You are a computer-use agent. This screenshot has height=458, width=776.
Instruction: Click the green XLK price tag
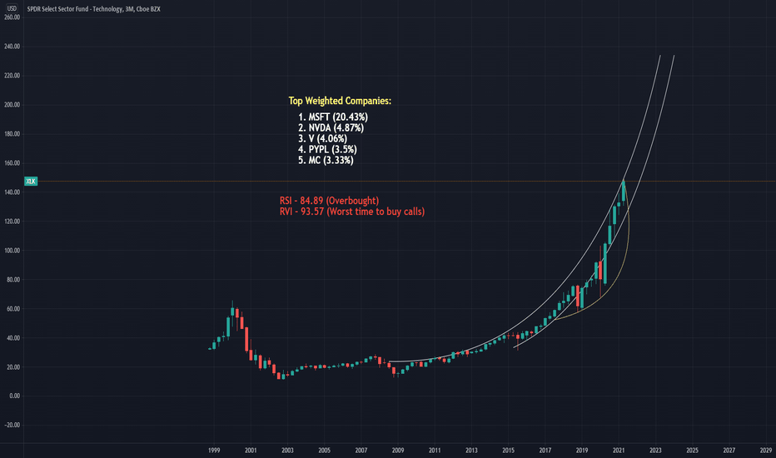pos(31,181)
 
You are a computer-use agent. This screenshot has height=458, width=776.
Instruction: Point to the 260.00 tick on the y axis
pos(12,17)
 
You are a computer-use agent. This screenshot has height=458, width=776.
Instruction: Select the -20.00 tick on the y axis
pos(12,425)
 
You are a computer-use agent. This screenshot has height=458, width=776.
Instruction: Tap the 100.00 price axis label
pos(12,250)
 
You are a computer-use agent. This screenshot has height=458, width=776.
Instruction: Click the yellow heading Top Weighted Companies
pos(340,101)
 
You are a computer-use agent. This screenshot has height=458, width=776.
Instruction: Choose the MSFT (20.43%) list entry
pos(332,117)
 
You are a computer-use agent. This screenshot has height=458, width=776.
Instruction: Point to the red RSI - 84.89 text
pos(329,201)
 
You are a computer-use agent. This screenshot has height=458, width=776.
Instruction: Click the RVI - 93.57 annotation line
pos(351,212)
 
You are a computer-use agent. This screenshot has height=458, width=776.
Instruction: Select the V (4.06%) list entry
pos(323,138)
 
